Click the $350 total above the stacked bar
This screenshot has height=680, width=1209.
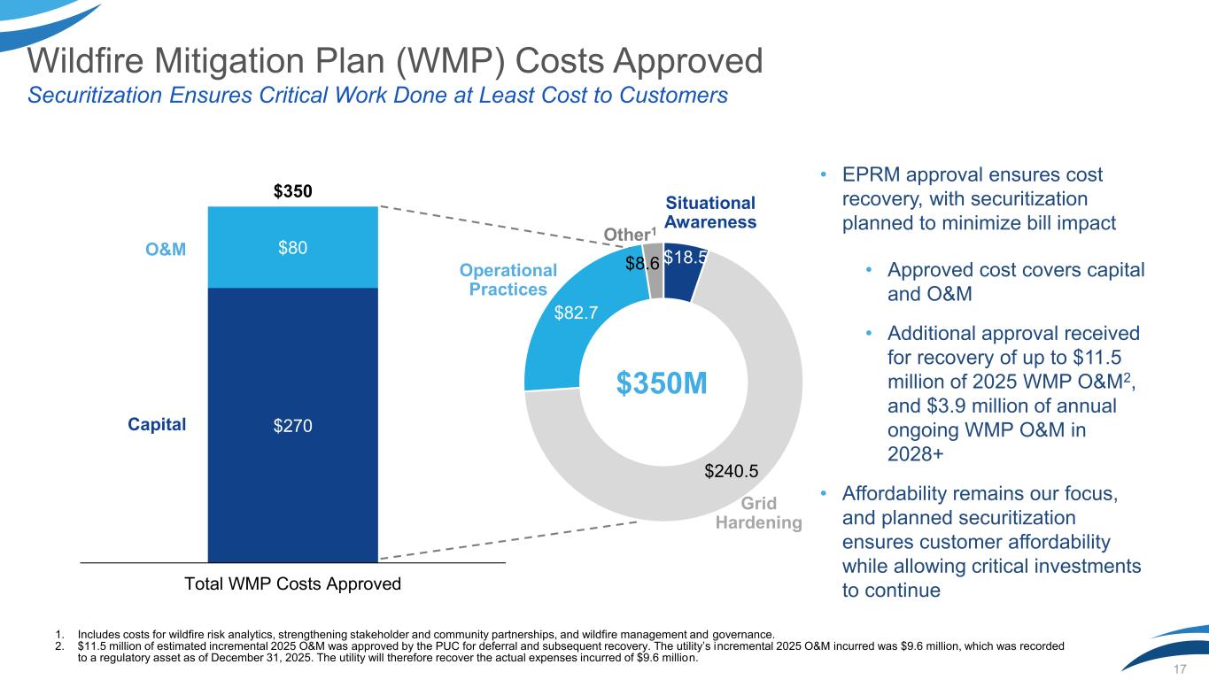(x=292, y=191)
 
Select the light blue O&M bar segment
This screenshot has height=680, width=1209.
(x=293, y=247)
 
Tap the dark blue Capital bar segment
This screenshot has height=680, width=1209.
(x=293, y=425)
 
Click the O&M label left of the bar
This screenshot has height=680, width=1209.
(x=166, y=250)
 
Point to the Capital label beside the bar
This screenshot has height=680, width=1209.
(x=157, y=424)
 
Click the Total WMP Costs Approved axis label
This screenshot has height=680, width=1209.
(x=292, y=583)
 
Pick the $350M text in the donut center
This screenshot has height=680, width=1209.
(x=662, y=383)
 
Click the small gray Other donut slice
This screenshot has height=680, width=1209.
(x=655, y=273)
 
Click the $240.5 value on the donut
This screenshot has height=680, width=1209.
(x=732, y=471)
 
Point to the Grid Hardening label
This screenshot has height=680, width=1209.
(x=759, y=513)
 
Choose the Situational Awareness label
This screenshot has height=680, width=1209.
(x=710, y=212)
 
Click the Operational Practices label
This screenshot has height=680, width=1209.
(x=508, y=280)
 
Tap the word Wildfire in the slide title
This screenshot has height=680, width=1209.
(x=85, y=60)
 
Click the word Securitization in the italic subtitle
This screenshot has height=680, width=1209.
(x=95, y=95)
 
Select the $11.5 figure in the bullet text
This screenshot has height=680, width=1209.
(x=1097, y=358)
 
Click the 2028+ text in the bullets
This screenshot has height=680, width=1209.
(x=916, y=454)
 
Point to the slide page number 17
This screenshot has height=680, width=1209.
(x=1180, y=669)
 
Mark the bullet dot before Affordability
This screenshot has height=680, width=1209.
(x=824, y=493)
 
